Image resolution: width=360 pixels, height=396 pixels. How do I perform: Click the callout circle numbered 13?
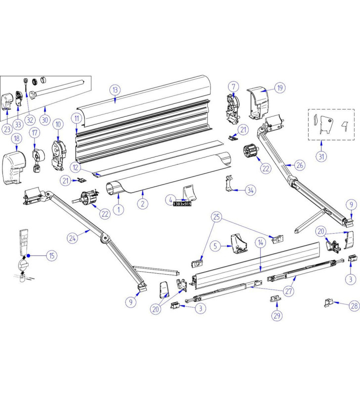point(115,90)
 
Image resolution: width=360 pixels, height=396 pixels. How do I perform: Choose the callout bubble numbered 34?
point(251,190)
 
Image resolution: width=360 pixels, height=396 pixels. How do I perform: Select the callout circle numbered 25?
point(216,216)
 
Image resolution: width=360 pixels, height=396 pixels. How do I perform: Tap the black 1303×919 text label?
point(181,203)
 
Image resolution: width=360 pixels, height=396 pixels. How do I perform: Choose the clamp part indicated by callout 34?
point(228,185)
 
